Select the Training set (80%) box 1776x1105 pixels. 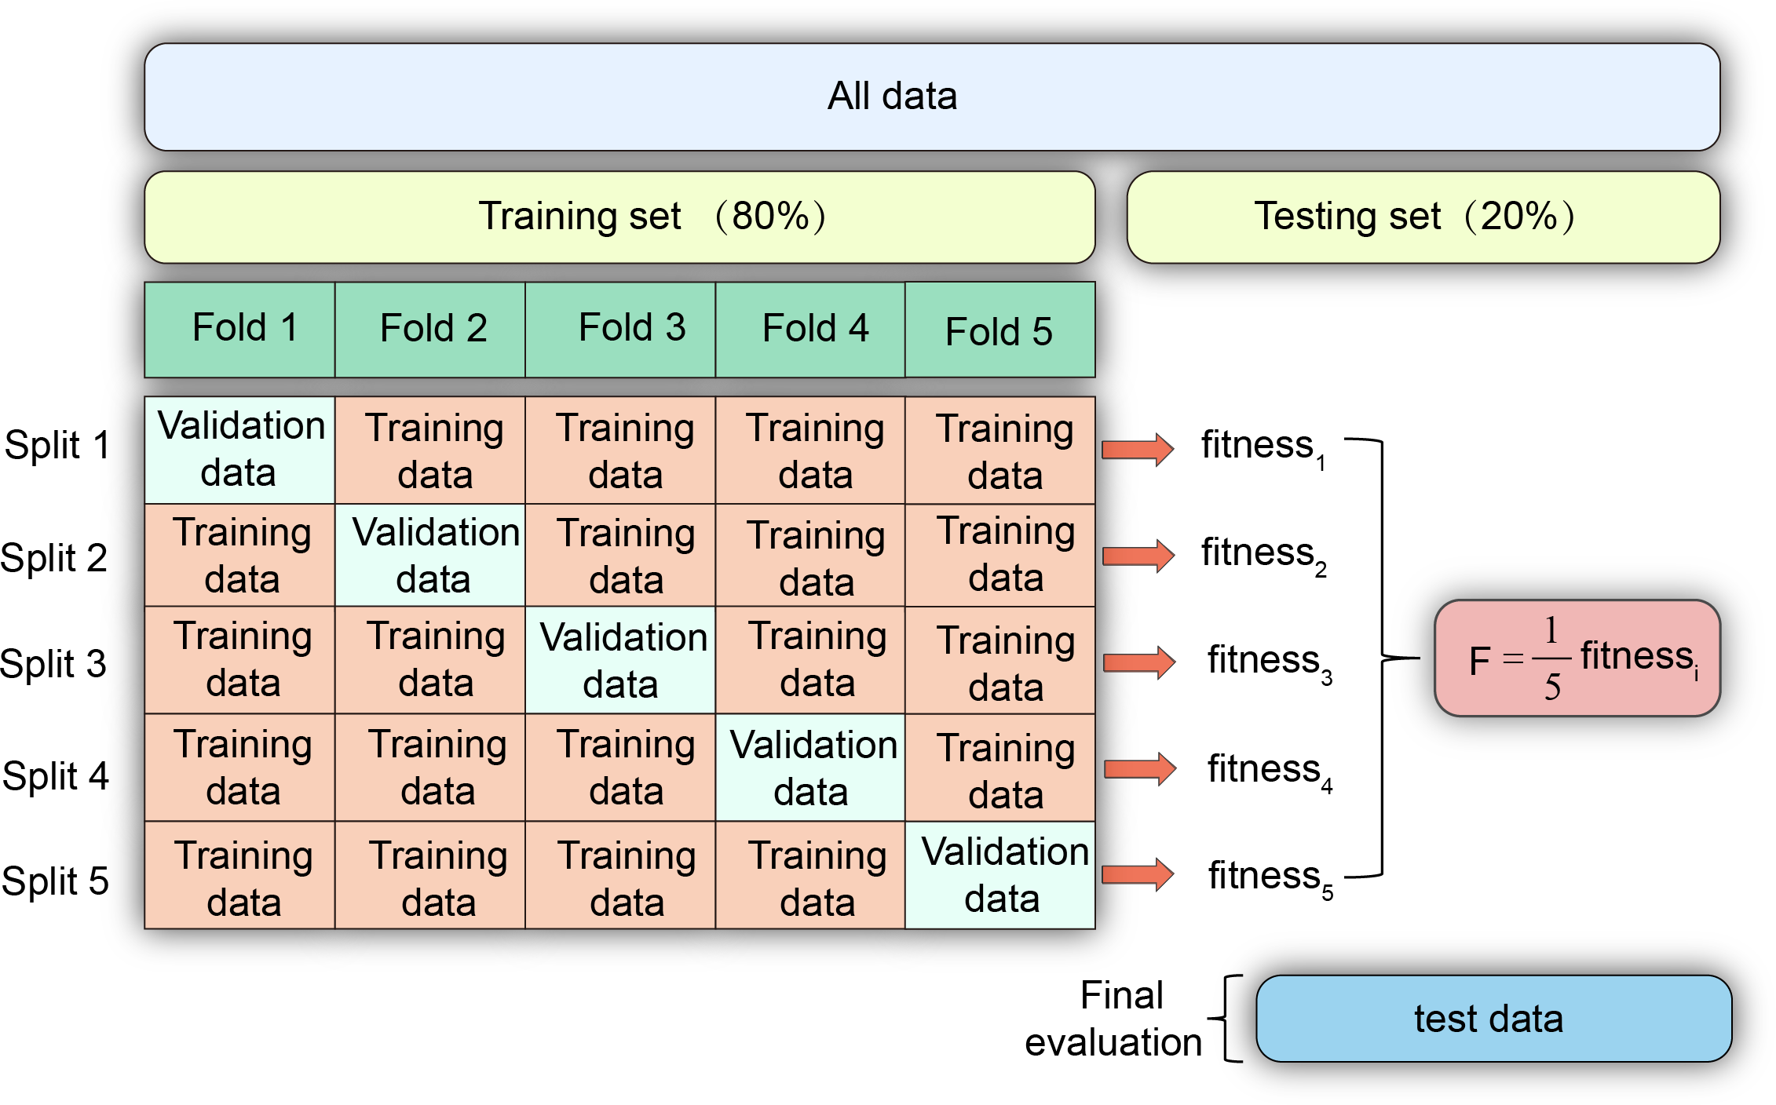[x=619, y=217]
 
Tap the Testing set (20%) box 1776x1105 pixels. [x=1423, y=217]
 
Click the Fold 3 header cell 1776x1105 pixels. [x=620, y=329]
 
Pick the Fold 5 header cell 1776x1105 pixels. [x=999, y=330]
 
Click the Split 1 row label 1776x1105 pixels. [x=57, y=445]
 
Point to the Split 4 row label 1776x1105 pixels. [x=55, y=776]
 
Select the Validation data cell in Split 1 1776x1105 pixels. [x=239, y=450]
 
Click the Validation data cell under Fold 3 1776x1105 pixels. [x=620, y=660]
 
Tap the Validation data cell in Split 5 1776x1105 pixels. [x=1000, y=875]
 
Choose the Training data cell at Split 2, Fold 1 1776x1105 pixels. [x=239, y=555]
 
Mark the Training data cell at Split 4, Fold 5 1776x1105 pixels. [x=1000, y=768]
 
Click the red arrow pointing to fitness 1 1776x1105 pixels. [x=1138, y=449]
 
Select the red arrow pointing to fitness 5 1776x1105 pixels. [x=1138, y=874]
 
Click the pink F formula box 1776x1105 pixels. [x=1577, y=658]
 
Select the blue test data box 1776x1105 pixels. [x=1493, y=1019]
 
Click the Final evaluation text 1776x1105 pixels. [x=1116, y=1019]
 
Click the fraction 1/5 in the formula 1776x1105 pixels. [x=1551, y=658]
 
